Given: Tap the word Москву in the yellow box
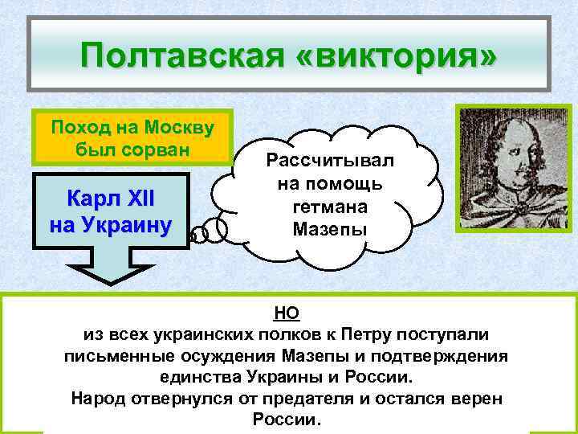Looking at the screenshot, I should point(187,127).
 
